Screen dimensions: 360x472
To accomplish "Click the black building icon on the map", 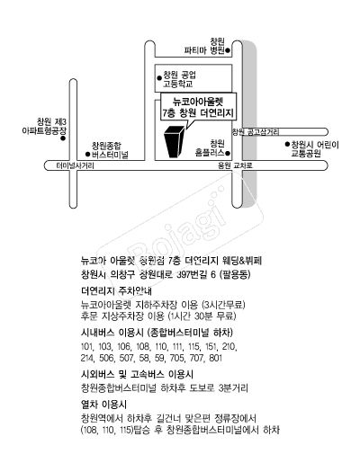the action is pyautogui.click(x=174, y=141).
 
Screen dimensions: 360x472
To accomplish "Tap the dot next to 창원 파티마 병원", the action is pyautogui.click(x=228, y=50).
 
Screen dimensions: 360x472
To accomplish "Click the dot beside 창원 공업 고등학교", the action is pyautogui.click(x=159, y=78).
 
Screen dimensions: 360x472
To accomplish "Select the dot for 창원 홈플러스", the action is pyautogui.click(x=228, y=153).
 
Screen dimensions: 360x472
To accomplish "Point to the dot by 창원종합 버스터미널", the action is pyautogui.click(x=87, y=155).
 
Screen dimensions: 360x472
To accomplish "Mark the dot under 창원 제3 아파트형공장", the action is pyautogui.click(x=63, y=138).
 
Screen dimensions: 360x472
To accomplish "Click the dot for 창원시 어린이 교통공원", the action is pyautogui.click(x=287, y=144).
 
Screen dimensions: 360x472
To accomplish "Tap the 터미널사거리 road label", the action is pyautogui.click(x=76, y=165).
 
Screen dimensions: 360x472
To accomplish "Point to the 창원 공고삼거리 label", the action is pyautogui.click(x=256, y=132).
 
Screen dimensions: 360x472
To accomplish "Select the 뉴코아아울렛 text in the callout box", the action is pyautogui.click(x=198, y=102).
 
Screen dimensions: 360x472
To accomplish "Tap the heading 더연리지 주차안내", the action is pyautogui.click(x=117, y=291).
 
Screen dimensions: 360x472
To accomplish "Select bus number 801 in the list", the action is pyautogui.click(x=216, y=358).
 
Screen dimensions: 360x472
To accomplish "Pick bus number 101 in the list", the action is pyautogui.click(x=87, y=347).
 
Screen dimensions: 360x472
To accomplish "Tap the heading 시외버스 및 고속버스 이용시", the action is pyautogui.click(x=137, y=375).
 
